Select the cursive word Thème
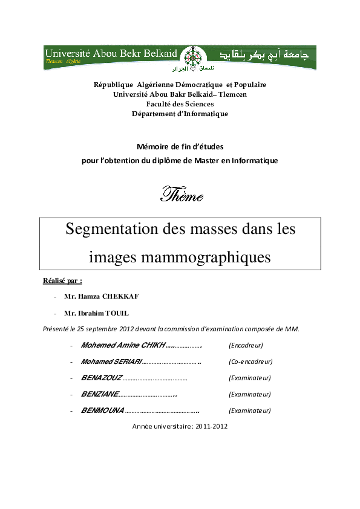coord(182,196)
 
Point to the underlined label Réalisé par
coord(62,281)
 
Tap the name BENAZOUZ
coord(101,378)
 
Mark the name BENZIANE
coord(99,394)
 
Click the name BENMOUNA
coord(102,410)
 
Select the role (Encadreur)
coord(246,345)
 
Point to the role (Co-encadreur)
coord(250,361)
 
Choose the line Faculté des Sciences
coord(180,104)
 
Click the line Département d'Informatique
coord(180,114)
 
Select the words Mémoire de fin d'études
coord(180,146)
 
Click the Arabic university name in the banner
coord(264,55)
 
